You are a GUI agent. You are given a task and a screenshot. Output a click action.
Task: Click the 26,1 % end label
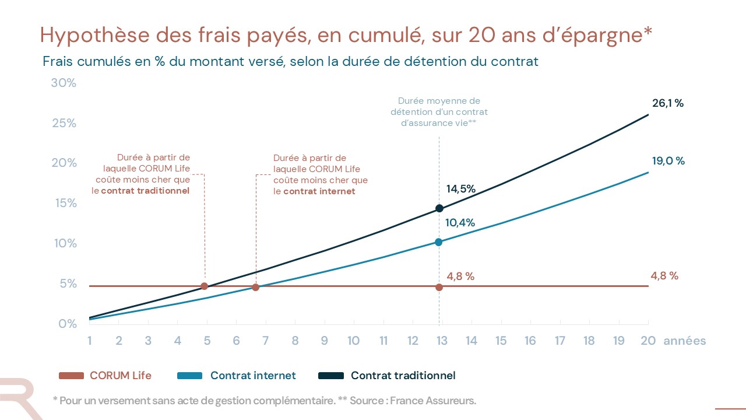(667, 103)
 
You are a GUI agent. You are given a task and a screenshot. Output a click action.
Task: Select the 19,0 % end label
(668, 161)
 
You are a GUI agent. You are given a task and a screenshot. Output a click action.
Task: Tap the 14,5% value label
(461, 189)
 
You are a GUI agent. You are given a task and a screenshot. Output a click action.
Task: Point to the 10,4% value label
(460, 223)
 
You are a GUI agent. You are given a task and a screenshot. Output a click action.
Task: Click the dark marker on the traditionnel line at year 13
(439, 208)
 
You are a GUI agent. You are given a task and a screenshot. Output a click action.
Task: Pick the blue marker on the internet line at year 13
(439, 242)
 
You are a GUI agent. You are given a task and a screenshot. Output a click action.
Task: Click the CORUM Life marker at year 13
(439, 287)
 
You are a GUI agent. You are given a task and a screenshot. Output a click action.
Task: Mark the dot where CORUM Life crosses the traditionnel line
(204, 286)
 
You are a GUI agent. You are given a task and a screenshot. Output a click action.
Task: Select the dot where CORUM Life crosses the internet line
(255, 287)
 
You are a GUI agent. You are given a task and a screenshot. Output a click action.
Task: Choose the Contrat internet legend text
(253, 376)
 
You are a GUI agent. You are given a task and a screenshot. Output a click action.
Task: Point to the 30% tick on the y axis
(64, 83)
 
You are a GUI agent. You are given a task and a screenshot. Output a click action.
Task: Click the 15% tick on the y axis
(65, 203)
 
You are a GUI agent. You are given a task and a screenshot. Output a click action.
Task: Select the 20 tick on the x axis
(648, 341)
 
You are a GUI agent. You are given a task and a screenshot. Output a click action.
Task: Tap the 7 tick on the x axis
(266, 341)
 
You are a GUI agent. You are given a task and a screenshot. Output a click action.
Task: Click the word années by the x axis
(685, 341)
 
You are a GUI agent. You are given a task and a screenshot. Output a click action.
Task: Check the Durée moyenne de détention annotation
(439, 111)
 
